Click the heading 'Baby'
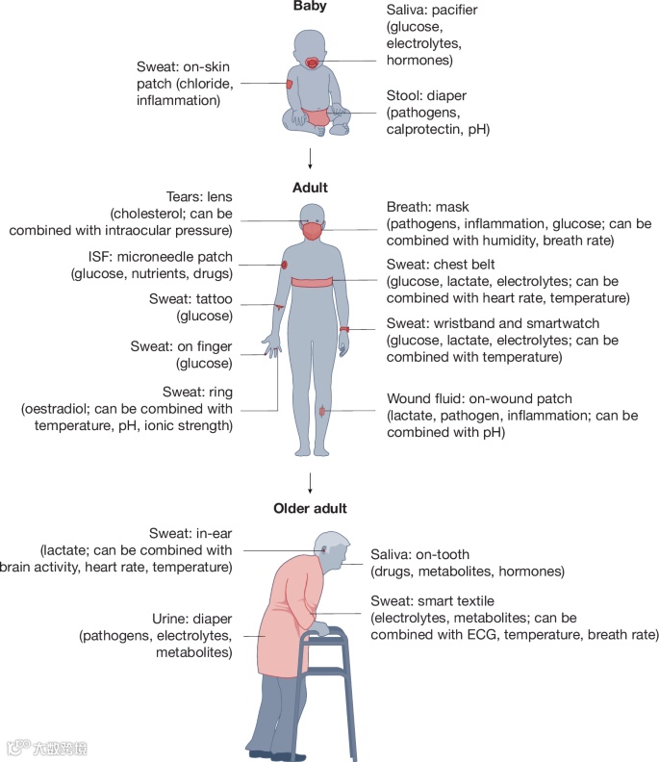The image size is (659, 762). [310, 7]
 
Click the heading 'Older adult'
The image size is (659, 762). [310, 508]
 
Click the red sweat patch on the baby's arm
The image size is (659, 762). [289, 85]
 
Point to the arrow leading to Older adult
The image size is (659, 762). [310, 482]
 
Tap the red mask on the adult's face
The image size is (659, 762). [311, 231]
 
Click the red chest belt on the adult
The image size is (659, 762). [311, 280]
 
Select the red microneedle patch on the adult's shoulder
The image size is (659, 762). [285, 265]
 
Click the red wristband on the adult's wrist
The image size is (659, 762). [343, 330]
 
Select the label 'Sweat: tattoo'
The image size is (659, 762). [190, 299]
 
